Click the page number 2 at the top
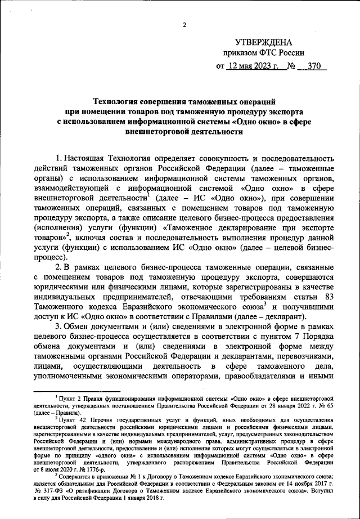pos(184,25)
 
